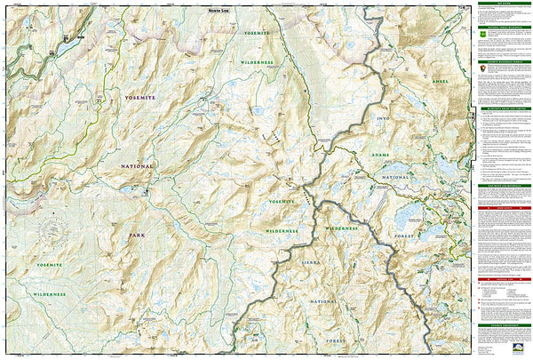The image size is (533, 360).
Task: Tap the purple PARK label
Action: pyautogui.click(x=135, y=236)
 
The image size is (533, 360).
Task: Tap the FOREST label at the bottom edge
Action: pyautogui.click(x=337, y=340)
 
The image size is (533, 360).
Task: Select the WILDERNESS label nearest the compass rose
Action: pyautogui.click(x=50, y=292)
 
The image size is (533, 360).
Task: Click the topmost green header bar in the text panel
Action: pyautogui.click(x=504, y=4)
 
